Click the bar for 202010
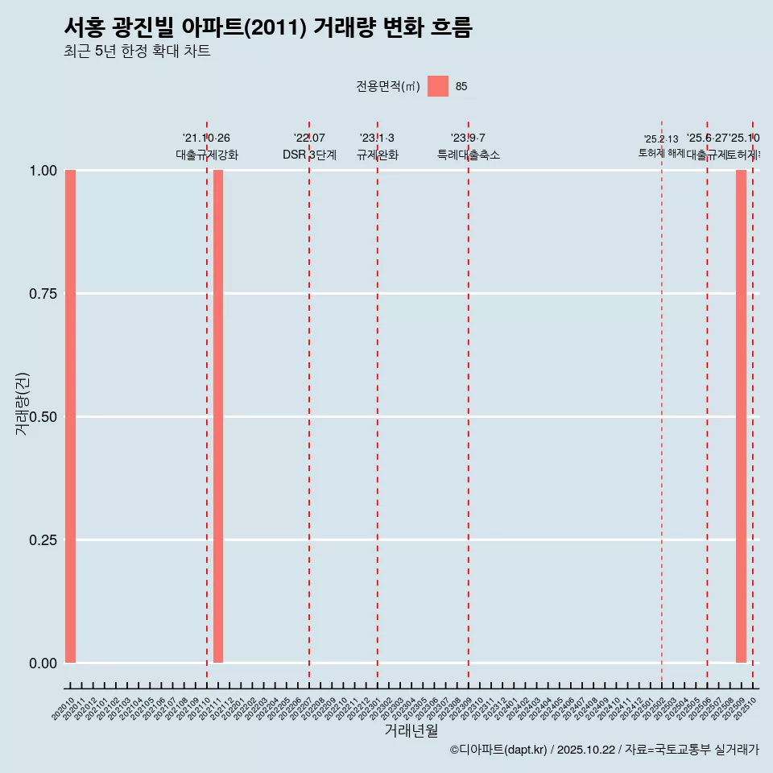coord(70,416)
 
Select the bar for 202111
coord(218,416)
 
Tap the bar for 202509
coord(741,416)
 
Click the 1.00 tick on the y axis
coord(43,171)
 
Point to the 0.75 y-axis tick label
coord(43,294)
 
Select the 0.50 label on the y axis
coord(43,417)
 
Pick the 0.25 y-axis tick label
coord(43,540)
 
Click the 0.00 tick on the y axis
coord(43,663)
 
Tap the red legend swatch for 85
coord(438,86)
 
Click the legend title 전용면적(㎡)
coord(388,87)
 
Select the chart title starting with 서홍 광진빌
coord(267,27)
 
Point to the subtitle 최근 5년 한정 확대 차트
coord(137,52)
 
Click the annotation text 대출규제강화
coord(207,155)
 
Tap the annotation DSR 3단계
coord(309,155)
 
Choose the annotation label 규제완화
coord(378,155)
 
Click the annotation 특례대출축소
coord(469,155)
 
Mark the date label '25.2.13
coord(661,139)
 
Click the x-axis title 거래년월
coord(411,731)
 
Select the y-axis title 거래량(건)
coord(22,403)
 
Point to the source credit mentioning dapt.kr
coord(604,750)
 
